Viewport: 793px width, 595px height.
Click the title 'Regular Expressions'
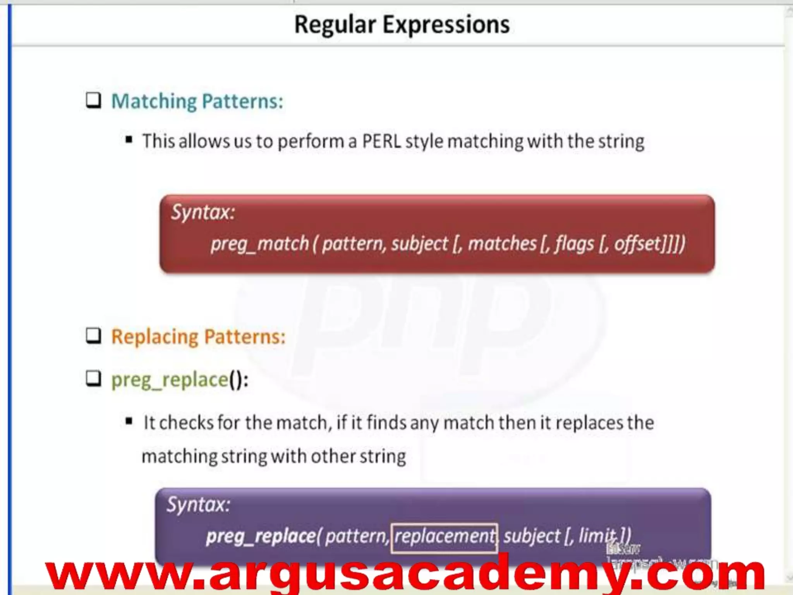402,25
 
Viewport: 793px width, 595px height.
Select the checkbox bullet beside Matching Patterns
93,101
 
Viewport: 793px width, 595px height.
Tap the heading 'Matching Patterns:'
197,101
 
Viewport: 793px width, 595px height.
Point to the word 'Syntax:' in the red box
203,212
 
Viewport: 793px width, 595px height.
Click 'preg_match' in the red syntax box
259,244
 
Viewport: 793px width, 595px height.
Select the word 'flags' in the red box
574,244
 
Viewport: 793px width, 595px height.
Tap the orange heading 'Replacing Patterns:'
198,337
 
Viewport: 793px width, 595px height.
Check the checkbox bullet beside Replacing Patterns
93,336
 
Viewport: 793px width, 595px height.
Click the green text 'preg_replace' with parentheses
179,380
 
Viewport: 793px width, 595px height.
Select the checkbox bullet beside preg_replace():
93,378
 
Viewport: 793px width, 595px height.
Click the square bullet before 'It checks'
129,421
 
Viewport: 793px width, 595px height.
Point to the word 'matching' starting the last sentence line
179,457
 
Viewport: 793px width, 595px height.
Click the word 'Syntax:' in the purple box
198,505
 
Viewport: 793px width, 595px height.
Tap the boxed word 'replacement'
444,537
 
